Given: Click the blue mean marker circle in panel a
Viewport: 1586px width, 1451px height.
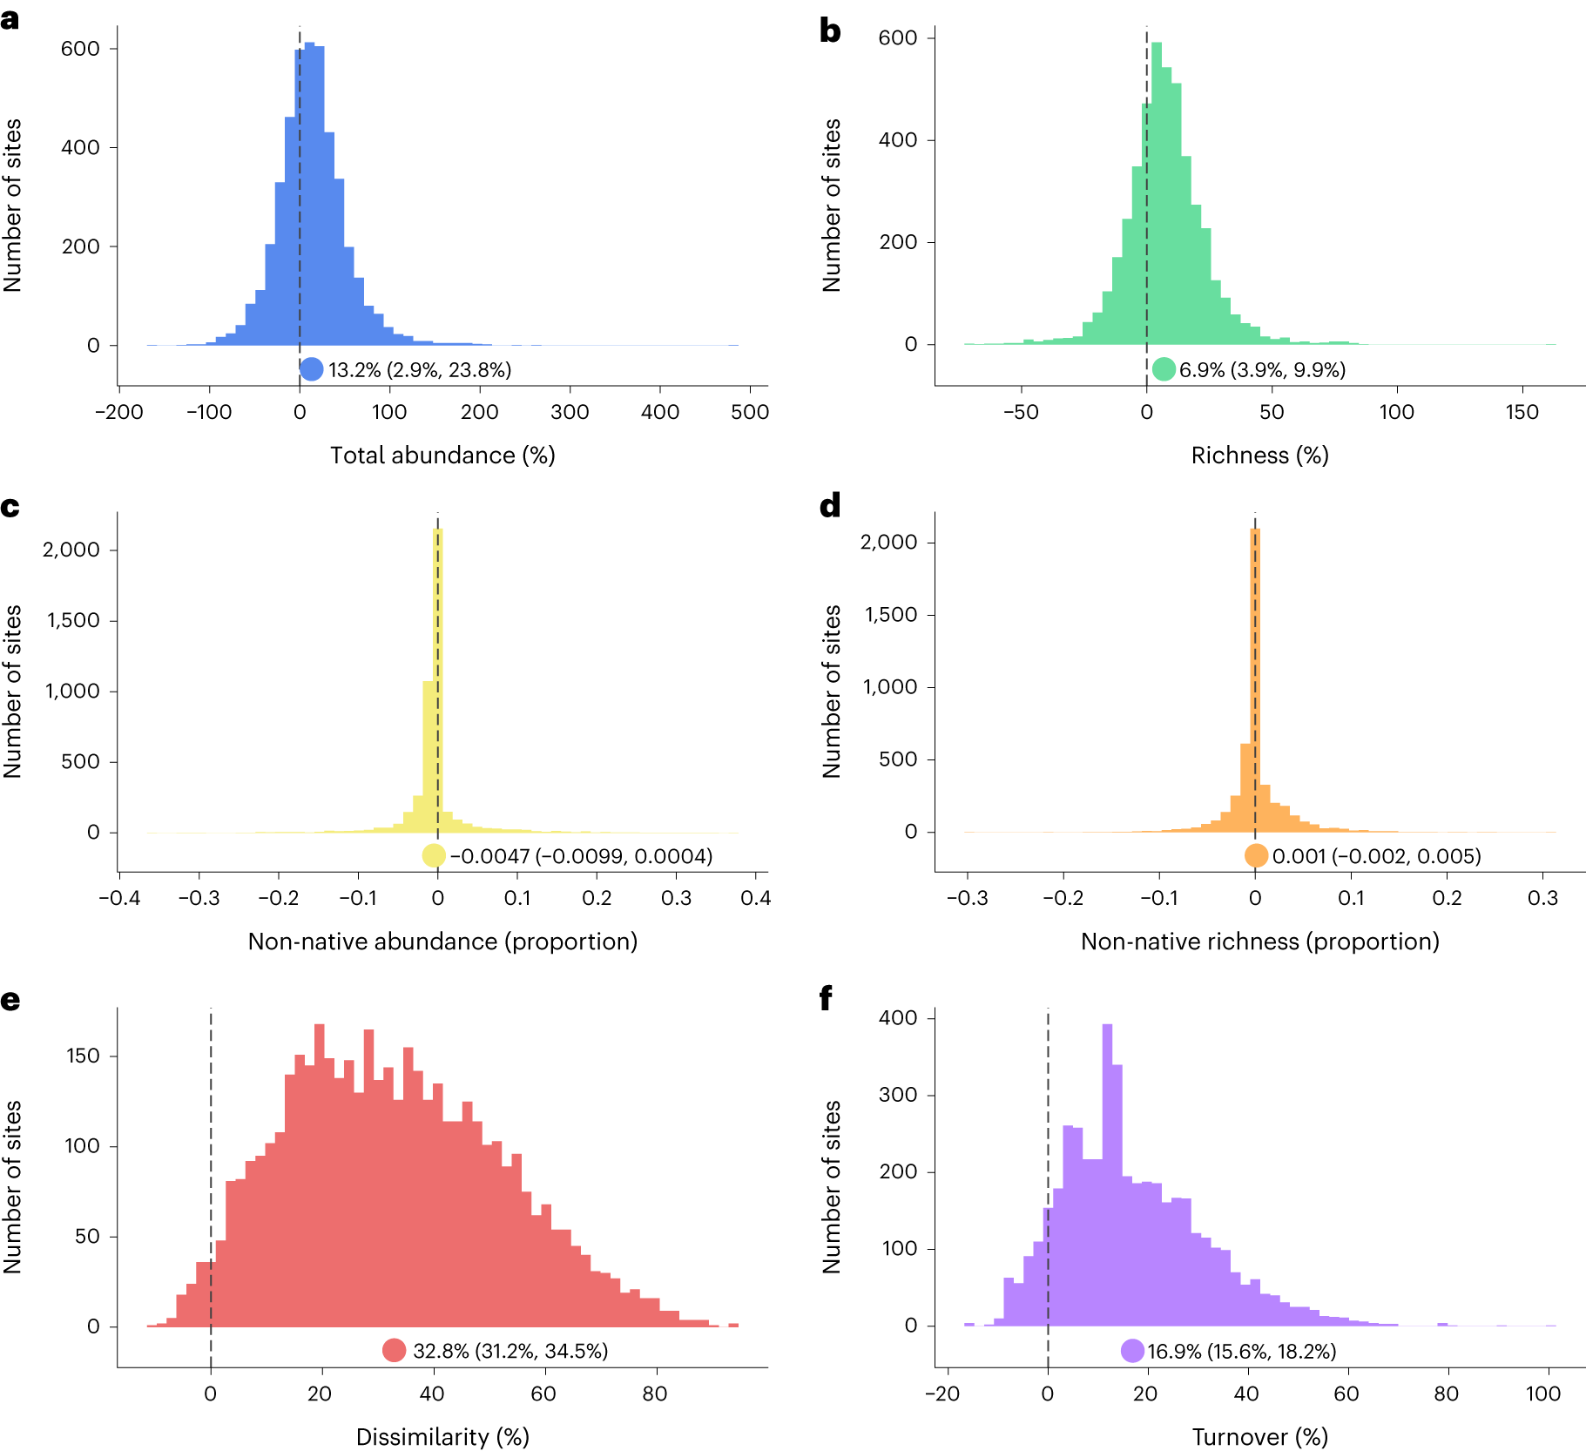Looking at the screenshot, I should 311,369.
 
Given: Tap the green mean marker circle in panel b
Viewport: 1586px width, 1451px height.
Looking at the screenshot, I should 1164,369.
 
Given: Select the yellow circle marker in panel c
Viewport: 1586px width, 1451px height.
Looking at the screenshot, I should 434,856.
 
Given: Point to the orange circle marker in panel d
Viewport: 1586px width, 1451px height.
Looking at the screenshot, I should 1256,856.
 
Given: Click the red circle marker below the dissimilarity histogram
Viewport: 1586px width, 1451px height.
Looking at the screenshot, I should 394,1351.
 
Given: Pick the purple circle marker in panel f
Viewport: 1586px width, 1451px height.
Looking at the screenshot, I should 1132,1351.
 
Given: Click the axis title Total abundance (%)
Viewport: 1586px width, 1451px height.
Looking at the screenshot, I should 442,456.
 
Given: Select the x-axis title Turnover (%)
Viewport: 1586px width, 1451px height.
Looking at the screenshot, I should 1259,1437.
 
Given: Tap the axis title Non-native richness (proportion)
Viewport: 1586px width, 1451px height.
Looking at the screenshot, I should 1259,941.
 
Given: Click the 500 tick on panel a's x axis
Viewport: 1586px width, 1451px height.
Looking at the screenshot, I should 750,412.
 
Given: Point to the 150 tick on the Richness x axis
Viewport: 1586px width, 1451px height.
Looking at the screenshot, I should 1522,412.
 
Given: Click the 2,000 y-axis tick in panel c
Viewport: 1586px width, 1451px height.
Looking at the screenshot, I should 71,550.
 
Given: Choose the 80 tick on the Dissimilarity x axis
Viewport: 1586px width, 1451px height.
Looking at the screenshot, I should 654,1394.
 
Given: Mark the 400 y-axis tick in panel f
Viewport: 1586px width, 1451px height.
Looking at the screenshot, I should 898,1017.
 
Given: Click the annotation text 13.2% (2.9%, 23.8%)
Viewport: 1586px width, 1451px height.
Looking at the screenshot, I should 420,370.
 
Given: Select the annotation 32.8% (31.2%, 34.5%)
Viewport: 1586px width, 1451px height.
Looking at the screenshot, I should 510,1351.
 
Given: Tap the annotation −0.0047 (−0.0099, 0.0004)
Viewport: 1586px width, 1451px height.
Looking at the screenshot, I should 581,856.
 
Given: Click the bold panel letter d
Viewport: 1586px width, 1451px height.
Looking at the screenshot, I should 830,506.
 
